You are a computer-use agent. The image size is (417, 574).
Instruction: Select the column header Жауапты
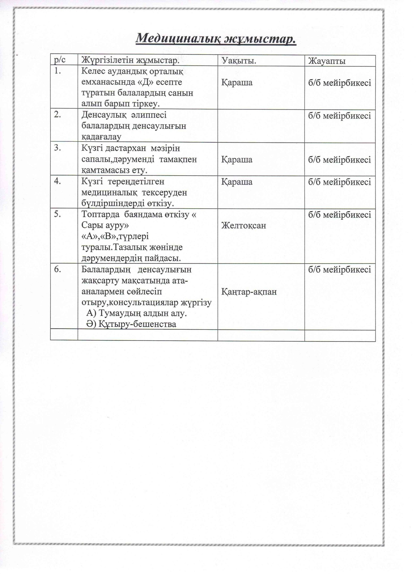point(327,61)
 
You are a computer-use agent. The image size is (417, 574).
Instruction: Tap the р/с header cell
point(60,60)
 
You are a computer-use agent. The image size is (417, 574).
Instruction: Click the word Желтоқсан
point(244,225)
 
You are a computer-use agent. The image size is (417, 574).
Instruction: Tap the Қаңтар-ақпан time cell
point(249,291)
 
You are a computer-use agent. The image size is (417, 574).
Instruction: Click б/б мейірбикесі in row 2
point(339,116)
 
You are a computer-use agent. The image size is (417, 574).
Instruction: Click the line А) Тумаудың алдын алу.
point(137,313)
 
